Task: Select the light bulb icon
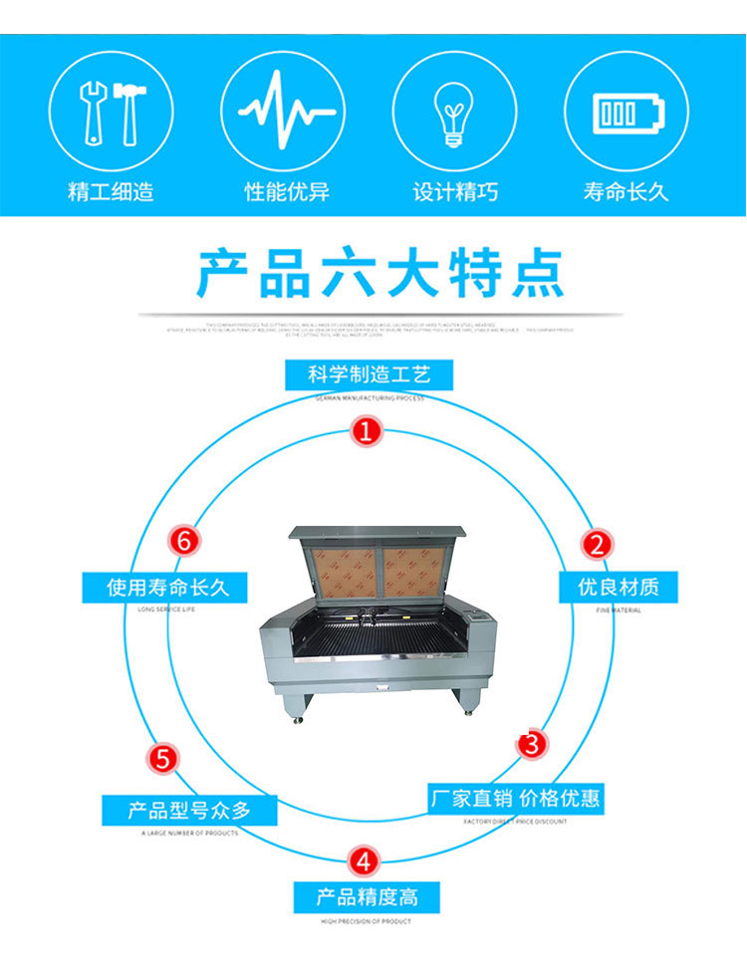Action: tap(453, 112)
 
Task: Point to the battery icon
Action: tap(625, 112)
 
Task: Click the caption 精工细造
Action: tap(111, 192)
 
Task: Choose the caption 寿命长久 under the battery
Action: tap(625, 192)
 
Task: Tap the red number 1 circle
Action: tap(367, 431)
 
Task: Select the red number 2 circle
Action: tap(598, 544)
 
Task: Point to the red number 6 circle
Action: tap(182, 541)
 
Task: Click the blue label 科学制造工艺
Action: tap(369, 375)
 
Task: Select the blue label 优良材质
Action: tap(626, 586)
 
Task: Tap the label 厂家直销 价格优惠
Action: tap(515, 798)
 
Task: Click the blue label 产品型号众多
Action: tap(176, 810)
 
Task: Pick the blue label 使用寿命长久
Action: tap(163, 587)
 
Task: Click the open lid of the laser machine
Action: tap(377, 563)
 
